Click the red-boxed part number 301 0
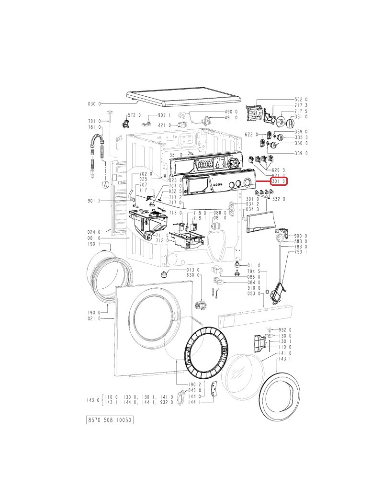[279, 181]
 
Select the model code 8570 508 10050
[110, 420]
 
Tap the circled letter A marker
[105, 184]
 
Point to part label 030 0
[94, 104]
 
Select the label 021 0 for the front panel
[94, 318]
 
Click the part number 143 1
[284, 359]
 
